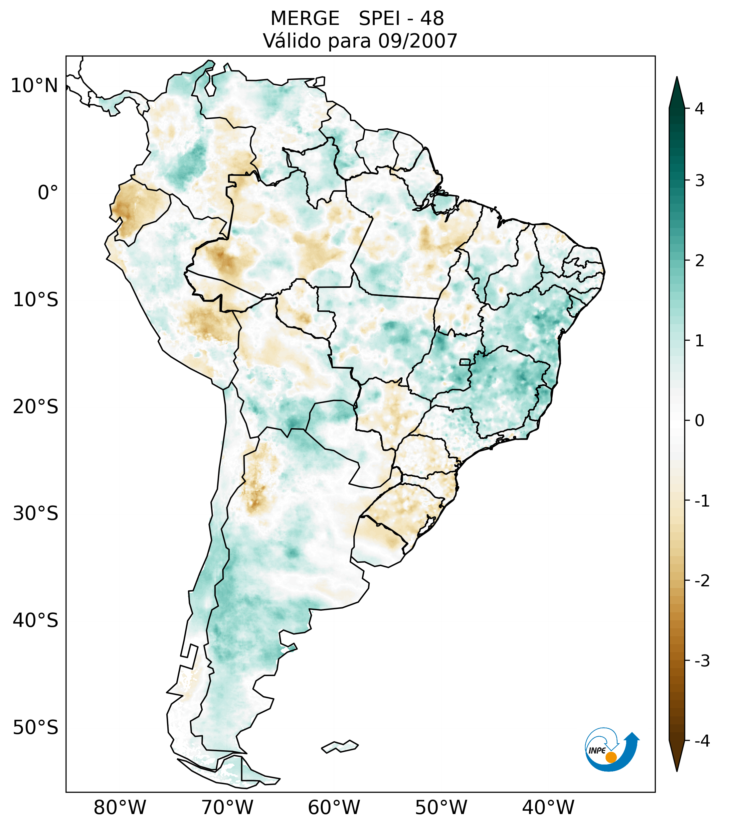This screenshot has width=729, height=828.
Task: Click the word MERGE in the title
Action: [304, 19]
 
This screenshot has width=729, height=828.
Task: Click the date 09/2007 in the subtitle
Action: [418, 41]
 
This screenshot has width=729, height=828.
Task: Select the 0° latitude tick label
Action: [48, 192]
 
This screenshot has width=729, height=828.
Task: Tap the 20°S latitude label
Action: [36, 406]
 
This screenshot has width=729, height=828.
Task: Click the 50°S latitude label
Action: [36, 728]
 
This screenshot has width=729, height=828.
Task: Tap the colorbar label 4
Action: [699, 109]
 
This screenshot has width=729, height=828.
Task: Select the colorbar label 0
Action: [699, 421]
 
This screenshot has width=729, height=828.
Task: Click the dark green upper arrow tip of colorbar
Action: [676, 91]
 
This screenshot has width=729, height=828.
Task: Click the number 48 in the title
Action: [432, 19]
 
